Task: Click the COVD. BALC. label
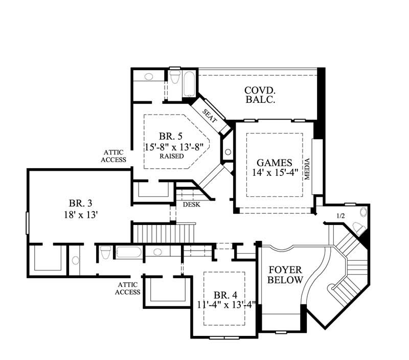point(260,95)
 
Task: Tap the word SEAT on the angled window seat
point(210,116)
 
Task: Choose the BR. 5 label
point(170,136)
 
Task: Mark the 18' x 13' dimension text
point(80,215)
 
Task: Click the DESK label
point(191,204)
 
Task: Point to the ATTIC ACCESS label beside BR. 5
point(115,156)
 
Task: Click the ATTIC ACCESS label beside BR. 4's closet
point(128,288)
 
